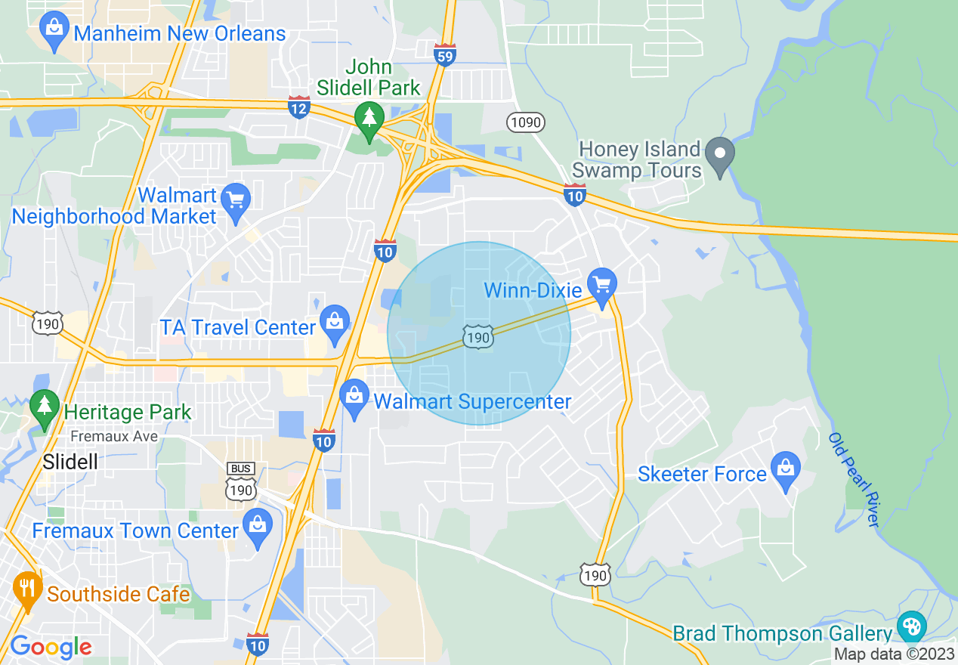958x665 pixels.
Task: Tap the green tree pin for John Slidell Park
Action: [369, 119]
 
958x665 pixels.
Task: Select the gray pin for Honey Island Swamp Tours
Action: [720, 155]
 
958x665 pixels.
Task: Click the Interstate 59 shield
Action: [445, 54]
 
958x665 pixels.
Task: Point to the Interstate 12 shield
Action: [299, 107]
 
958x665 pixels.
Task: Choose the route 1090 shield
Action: [526, 122]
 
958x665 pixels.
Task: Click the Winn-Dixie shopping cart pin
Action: [602, 286]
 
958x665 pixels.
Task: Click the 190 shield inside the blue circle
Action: [479, 336]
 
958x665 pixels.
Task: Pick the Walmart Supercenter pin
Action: [354, 397]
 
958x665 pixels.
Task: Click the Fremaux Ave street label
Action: [114, 437]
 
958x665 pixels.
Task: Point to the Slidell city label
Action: [70, 462]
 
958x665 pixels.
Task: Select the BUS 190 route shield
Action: [240, 481]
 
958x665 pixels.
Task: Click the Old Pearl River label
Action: [854, 480]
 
